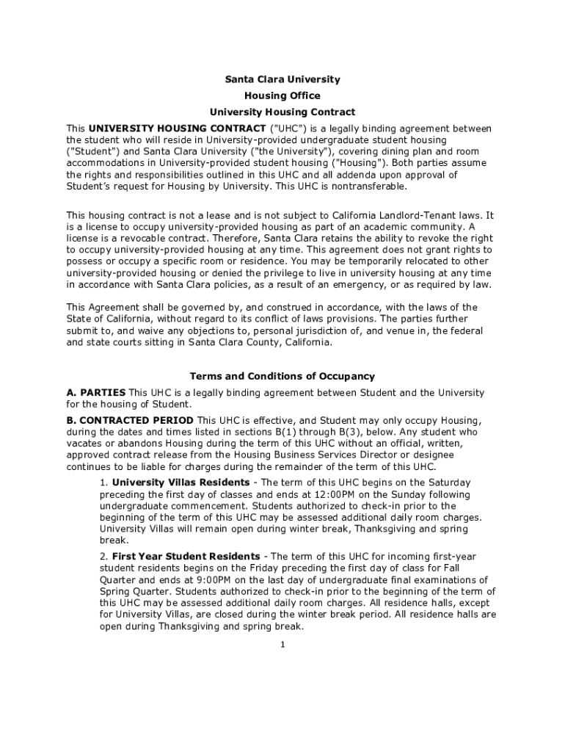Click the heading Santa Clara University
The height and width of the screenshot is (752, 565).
click(x=282, y=79)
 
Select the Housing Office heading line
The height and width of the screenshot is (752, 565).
click(x=282, y=96)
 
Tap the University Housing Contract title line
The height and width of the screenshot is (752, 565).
click(x=282, y=112)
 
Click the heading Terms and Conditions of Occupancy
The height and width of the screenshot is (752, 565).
click(x=282, y=377)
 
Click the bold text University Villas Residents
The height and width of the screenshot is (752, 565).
click(x=181, y=482)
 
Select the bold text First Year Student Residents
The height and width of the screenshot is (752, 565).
click(x=186, y=557)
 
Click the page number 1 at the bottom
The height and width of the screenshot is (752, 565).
click(x=282, y=645)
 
